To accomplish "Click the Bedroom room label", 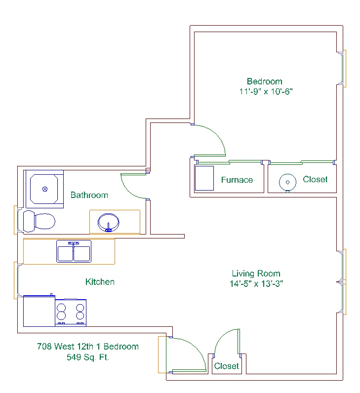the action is tap(265, 81).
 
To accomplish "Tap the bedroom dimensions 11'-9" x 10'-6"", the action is tap(266, 91).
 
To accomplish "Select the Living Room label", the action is tap(256, 274).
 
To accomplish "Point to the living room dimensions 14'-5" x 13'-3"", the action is tap(256, 284).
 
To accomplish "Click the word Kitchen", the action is tap(100, 282).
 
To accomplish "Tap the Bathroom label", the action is tap(89, 195).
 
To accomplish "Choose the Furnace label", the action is tap(237, 180).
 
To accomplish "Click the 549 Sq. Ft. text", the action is tap(88, 357).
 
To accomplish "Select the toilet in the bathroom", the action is tap(39, 221).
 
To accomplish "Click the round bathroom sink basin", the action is tap(108, 223).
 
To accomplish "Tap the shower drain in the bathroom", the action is tap(45, 189).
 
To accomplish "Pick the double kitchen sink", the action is tap(74, 251).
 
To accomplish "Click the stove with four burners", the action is tap(71, 313).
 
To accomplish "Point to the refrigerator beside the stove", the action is tap(39, 311).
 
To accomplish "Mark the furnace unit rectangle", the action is tap(204, 178).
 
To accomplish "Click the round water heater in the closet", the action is tap(287, 182).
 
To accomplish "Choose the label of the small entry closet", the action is tap(226, 366).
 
